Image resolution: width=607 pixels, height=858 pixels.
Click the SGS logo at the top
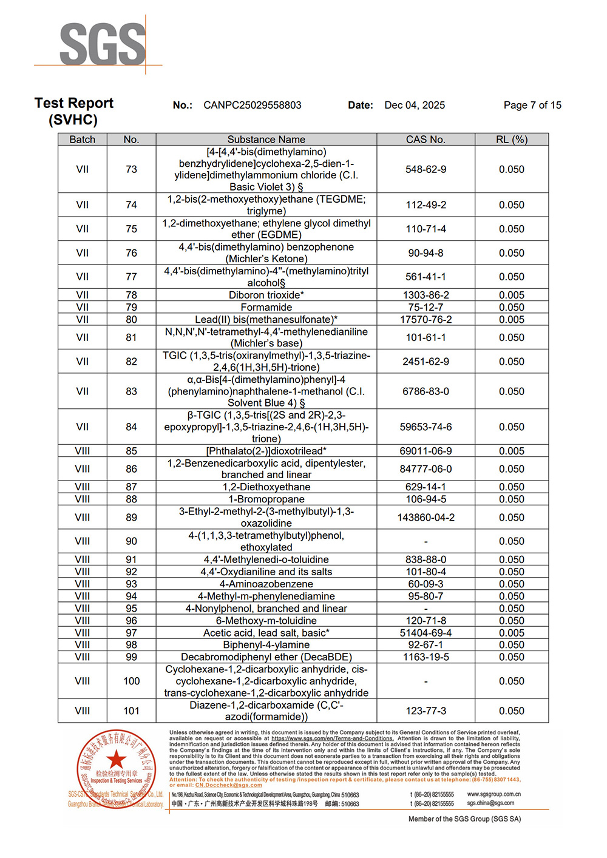[103, 44]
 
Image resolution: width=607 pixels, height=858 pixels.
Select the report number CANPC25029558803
[253, 105]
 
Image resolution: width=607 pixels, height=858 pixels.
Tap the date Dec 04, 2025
[415, 105]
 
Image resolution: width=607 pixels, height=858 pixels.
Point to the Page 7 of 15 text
[532, 105]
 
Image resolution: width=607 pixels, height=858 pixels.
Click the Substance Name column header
[266, 140]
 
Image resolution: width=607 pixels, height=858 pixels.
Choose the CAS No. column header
[426, 140]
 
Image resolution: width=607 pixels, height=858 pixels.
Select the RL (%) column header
[511, 140]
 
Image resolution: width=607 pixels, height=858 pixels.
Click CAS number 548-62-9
[426, 169]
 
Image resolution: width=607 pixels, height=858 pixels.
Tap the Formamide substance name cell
[266, 308]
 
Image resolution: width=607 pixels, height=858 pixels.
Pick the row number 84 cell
[131, 427]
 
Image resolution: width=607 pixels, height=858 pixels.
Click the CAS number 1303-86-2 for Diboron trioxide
[426, 296]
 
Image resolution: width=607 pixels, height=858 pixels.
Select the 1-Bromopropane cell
[266, 499]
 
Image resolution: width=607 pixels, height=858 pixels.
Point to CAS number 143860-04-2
[426, 518]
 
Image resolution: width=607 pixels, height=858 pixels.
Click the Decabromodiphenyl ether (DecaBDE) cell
[266, 657]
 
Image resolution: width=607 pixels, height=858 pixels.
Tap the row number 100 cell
[131, 681]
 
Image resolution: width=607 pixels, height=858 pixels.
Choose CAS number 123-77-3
[426, 711]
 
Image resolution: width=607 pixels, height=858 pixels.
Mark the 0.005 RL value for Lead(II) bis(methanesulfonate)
[511, 320]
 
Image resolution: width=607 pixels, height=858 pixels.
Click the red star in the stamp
[116, 759]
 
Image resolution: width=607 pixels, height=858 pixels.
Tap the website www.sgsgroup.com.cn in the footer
[493, 794]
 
